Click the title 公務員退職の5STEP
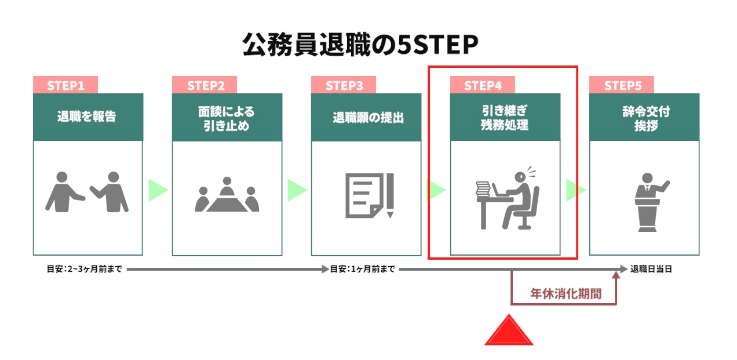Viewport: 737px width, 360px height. [x=360, y=44]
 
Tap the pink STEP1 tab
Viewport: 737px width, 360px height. [x=65, y=85]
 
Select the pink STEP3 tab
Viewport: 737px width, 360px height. [x=344, y=85]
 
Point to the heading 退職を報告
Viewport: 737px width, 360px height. [x=86, y=116]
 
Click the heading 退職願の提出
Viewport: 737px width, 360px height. [x=368, y=118]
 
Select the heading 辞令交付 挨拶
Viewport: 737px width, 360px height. [x=646, y=118]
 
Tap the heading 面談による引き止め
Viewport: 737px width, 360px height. [x=227, y=118]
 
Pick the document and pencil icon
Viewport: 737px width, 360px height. [x=370, y=195]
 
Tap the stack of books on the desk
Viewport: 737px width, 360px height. [x=483, y=189]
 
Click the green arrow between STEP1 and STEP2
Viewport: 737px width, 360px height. [x=158, y=190]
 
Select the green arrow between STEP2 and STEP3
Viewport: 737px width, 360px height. [x=297, y=190]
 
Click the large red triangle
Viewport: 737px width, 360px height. [x=509, y=330]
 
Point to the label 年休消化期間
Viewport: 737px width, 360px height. [x=565, y=293]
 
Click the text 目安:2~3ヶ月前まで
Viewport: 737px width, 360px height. [x=85, y=269]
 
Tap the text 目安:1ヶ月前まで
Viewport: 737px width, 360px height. [x=362, y=269]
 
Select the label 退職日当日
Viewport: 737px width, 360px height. [x=651, y=269]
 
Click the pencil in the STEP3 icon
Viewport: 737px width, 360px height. [x=390, y=195]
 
